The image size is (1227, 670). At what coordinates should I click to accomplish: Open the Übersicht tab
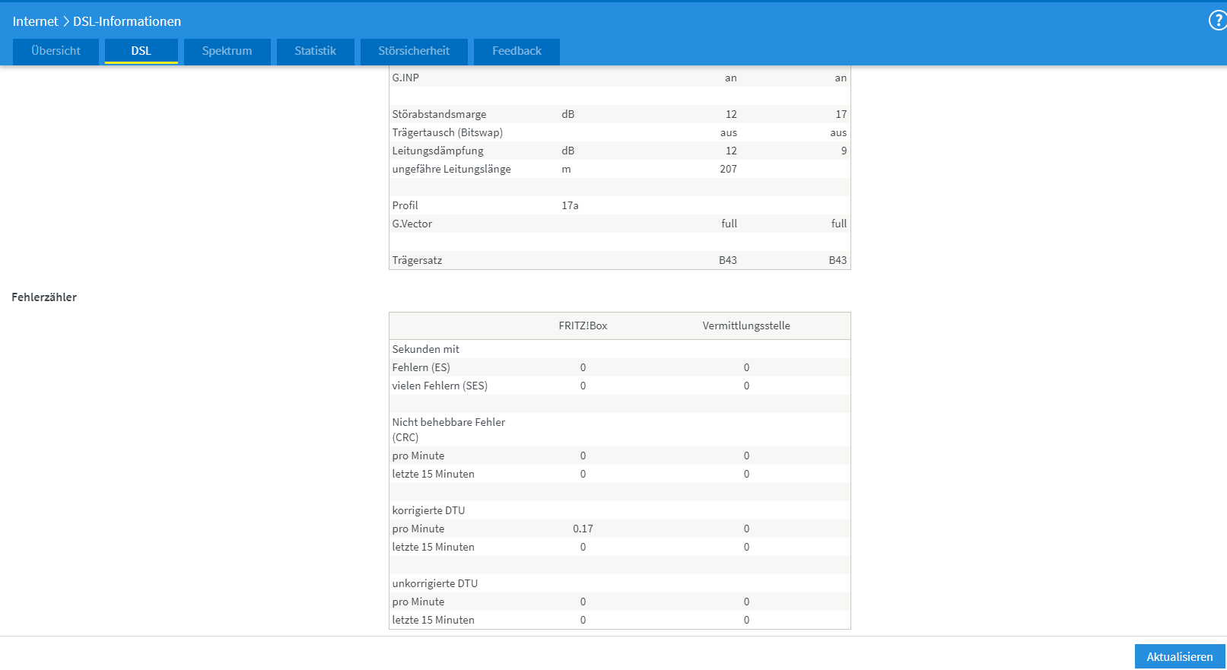56,51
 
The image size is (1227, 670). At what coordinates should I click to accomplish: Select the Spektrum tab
227,51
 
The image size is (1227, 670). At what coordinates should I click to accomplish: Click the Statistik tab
315,51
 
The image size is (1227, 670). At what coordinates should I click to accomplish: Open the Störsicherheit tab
414,51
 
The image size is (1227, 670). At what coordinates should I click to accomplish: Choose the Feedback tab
517,51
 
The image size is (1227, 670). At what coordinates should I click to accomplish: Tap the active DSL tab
141,51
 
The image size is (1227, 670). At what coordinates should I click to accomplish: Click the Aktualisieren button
1179,656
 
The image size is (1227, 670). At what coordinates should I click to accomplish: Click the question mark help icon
1217,21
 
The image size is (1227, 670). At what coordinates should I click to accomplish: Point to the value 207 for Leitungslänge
728,169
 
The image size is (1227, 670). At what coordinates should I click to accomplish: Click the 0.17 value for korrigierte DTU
583,529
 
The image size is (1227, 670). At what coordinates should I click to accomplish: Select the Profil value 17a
570,205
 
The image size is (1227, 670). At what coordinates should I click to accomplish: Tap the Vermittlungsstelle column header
746,325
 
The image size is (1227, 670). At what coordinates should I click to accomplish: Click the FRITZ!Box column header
583,325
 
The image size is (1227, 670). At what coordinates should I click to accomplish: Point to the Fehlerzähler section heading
44,297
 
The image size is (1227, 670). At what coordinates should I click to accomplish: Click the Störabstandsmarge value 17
841,114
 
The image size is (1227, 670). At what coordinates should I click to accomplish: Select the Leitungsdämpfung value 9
844,151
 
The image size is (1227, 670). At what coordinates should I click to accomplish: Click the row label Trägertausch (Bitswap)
447,132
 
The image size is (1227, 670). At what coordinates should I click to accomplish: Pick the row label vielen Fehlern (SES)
440,386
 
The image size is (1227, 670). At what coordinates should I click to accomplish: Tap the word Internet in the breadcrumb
35,21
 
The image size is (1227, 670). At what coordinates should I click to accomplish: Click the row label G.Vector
412,224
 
